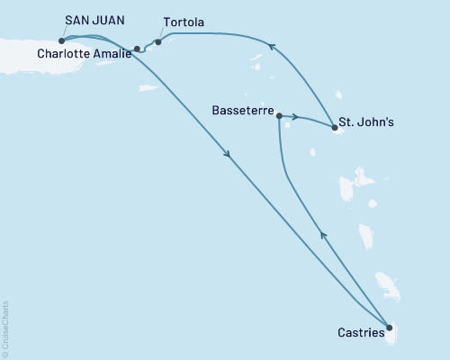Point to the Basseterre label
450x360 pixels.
tap(241, 115)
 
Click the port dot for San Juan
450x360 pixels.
tap(61, 40)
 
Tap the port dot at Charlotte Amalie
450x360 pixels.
tap(137, 49)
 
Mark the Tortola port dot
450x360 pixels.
tap(158, 41)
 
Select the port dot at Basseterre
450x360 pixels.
tap(280, 116)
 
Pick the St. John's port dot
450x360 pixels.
tap(335, 129)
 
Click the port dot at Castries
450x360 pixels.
tap(389, 328)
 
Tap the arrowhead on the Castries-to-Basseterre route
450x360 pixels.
tap(323, 235)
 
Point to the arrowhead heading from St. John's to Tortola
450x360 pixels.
tap(269, 44)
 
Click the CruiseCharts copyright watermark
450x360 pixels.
tap(5, 328)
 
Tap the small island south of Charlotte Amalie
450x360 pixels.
tap(149, 87)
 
